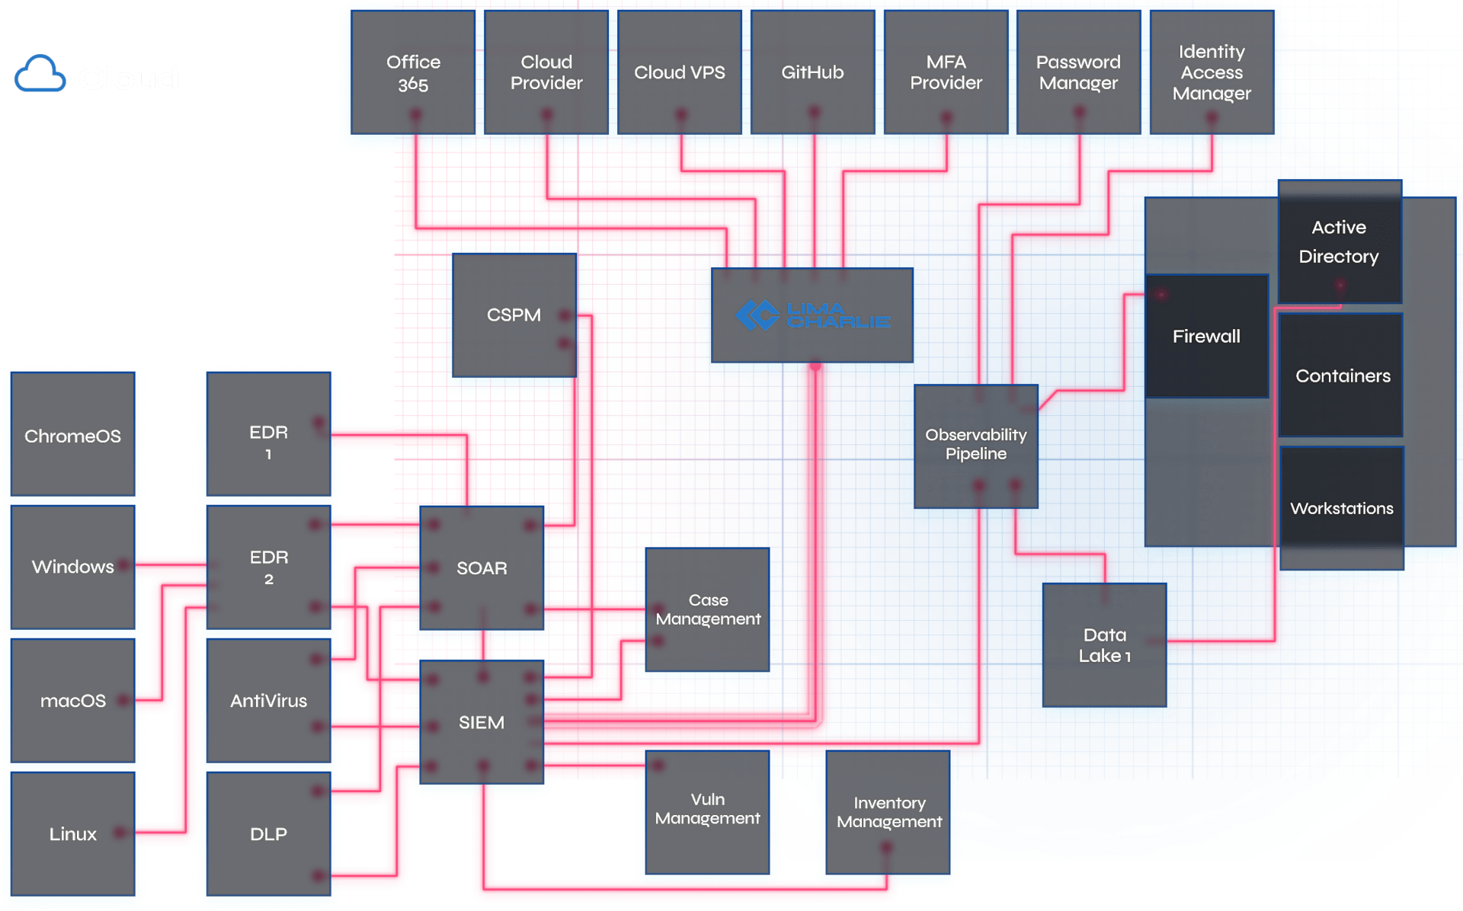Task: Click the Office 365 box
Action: pos(413,72)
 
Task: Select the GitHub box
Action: pos(812,72)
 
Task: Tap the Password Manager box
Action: pos(1078,72)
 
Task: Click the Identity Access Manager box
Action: pos(1212,72)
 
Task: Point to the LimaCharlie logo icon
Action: pos(757,315)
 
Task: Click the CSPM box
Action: pos(514,315)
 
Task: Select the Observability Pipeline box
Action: pos(975,445)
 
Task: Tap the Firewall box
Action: pos(1206,336)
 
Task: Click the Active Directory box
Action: pos(1339,242)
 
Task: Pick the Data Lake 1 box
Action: pos(1104,645)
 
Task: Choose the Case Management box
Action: pos(708,609)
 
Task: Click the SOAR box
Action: pos(482,568)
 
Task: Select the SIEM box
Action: pos(482,722)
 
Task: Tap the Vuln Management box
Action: pos(707,810)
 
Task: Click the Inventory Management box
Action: pos(888,812)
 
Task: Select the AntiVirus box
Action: pos(268,701)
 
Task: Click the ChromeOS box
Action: pos(73,436)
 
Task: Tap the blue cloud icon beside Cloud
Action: pos(40,75)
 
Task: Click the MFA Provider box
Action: pos(946,72)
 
